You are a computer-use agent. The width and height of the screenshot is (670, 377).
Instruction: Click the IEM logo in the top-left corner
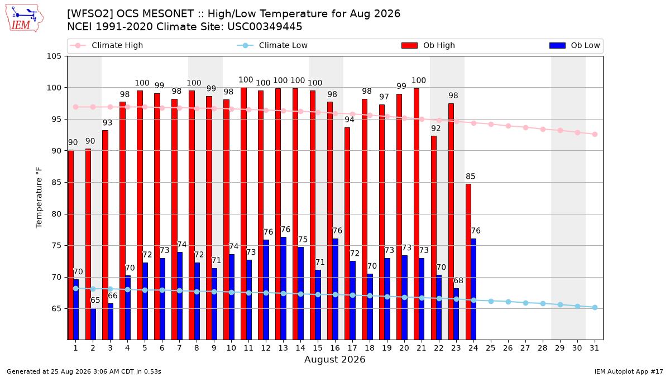[25, 18]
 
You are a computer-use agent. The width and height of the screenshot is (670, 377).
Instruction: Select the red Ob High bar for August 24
[468, 262]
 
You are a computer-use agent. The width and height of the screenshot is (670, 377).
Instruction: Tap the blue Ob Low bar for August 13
[283, 288]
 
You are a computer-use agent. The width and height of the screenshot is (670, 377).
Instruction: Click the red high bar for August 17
[347, 233]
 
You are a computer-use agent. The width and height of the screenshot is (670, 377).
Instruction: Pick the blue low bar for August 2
[93, 324]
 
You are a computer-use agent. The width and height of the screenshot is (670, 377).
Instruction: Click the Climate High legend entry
[107, 45]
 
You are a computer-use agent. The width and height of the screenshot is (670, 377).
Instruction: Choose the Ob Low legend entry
[575, 45]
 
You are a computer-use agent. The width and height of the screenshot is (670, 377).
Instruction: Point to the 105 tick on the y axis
[54, 56]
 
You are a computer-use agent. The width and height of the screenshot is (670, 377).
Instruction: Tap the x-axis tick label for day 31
[594, 348]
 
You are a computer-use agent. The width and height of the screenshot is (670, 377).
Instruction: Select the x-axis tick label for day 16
[335, 348]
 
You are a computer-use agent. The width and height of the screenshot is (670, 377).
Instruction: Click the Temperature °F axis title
[39, 198]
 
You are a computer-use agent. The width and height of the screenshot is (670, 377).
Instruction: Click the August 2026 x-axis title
[334, 359]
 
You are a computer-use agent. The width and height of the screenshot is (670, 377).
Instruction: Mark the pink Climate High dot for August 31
[595, 135]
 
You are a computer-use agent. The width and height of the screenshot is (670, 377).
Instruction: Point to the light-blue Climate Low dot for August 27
[525, 303]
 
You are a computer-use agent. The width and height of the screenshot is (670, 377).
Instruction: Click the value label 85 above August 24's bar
[471, 176]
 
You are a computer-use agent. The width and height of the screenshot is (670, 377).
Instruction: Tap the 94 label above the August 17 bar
[350, 120]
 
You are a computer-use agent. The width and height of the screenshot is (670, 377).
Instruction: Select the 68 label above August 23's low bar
[458, 280]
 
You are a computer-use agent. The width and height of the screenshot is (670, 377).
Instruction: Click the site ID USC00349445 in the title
[265, 27]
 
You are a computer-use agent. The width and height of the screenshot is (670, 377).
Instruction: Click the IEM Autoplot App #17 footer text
[629, 371]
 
